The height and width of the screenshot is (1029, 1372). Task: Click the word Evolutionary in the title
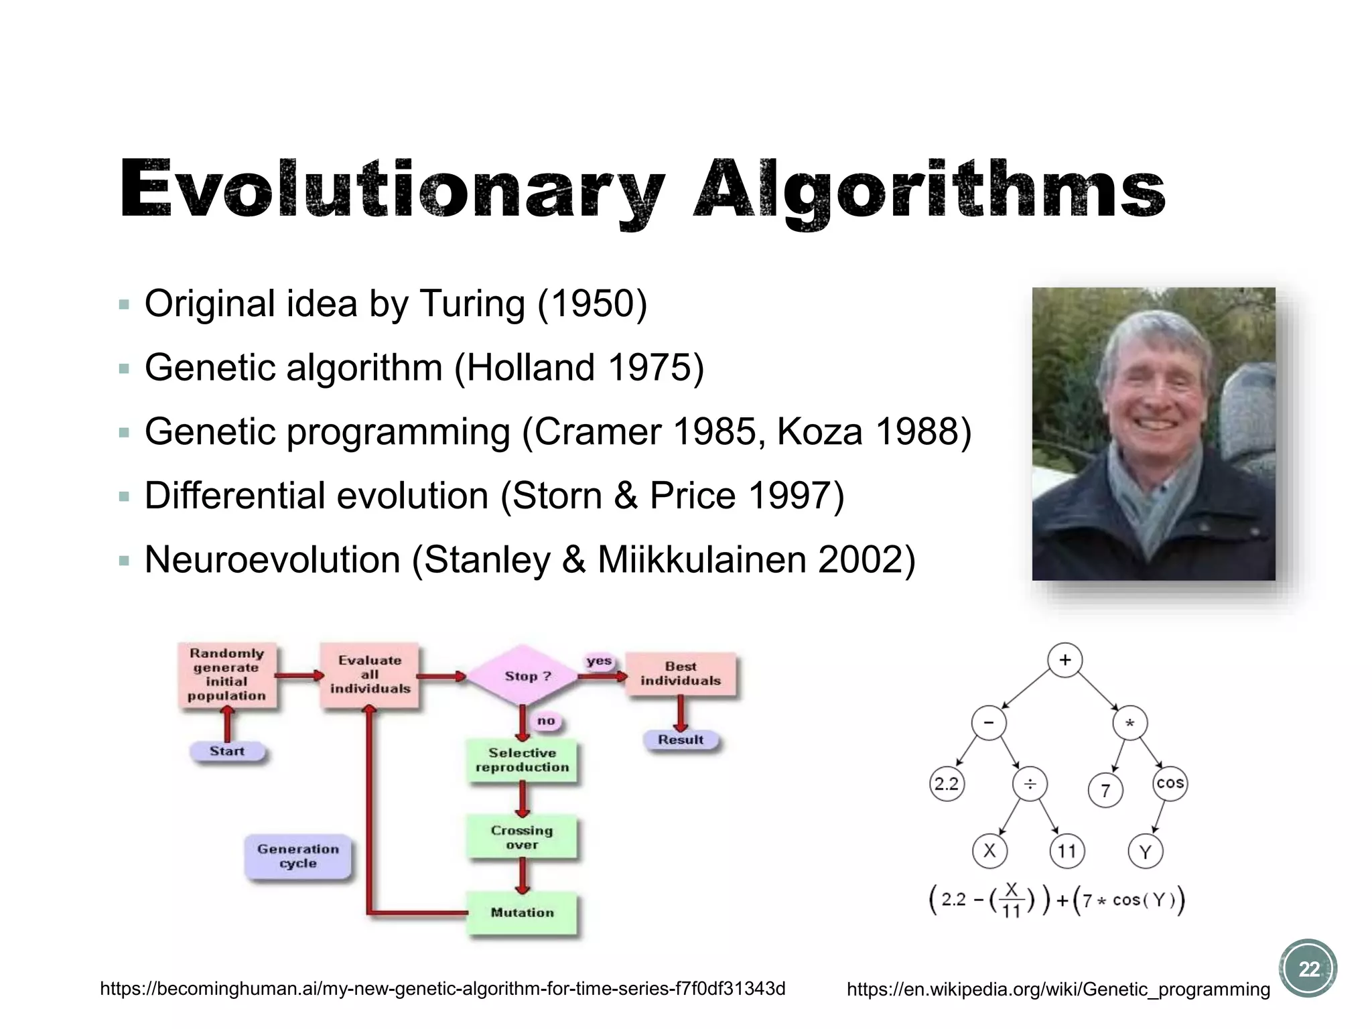click(x=392, y=190)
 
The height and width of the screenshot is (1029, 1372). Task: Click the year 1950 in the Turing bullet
click(x=592, y=303)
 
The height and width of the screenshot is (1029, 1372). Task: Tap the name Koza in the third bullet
click(x=819, y=431)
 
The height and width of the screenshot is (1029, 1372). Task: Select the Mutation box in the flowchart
click(x=523, y=912)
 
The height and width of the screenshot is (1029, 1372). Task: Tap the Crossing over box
click(x=523, y=837)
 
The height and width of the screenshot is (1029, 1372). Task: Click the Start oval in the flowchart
click(x=227, y=751)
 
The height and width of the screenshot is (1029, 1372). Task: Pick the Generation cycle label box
click(x=298, y=856)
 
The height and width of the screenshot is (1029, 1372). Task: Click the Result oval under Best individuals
click(x=681, y=740)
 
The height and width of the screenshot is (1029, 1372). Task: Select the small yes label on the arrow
click(x=599, y=661)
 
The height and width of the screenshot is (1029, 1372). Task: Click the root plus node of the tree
click(x=1065, y=660)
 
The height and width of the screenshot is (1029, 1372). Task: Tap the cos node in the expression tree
click(x=1170, y=783)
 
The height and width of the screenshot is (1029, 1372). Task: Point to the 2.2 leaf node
click(x=947, y=784)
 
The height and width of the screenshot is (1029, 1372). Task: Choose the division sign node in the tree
click(x=1030, y=784)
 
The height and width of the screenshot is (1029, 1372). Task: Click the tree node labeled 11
click(x=1067, y=851)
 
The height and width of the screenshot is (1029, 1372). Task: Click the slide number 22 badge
click(x=1308, y=969)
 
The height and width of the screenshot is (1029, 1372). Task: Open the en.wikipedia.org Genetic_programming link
click(x=1058, y=989)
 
